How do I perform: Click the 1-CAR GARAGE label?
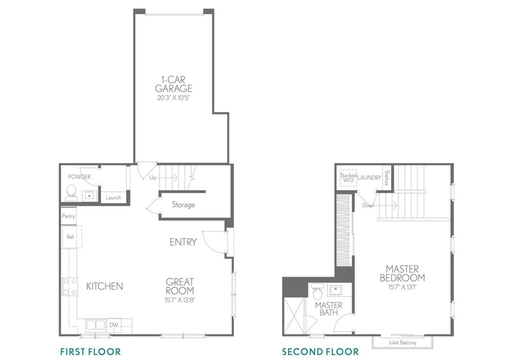tap(173, 84)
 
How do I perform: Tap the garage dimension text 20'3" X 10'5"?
tap(173, 97)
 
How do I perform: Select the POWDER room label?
tap(79, 177)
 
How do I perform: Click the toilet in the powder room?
tap(71, 192)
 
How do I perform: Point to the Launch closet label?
tap(113, 197)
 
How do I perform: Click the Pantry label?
tap(68, 216)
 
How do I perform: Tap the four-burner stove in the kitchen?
tap(70, 286)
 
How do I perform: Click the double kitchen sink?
tap(96, 325)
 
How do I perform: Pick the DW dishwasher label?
tap(114, 324)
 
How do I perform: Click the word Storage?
tap(183, 205)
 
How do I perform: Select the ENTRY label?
tap(183, 242)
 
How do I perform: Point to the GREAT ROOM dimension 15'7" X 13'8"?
tap(180, 299)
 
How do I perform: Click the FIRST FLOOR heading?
tap(91, 352)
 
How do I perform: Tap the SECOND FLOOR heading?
tap(320, 352)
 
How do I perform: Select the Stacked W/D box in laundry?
tap(348, 178)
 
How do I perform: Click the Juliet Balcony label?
tap(402, 342)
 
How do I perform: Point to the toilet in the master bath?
tap(317, 292)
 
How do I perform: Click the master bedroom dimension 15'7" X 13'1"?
tap(402, 287)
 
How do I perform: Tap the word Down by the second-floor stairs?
tap(368, 206)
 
